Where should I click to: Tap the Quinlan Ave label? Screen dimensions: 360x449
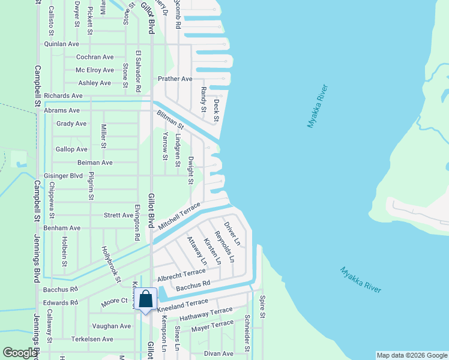coord(62,44)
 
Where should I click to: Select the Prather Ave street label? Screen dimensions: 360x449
coord(175,79)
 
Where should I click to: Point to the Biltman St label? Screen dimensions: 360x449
coord(170,120)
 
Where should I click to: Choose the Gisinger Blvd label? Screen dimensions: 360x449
coord(63,176)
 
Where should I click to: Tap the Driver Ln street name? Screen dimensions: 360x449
coord(232,234)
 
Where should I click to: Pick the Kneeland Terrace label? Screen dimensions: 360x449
coord(182,305)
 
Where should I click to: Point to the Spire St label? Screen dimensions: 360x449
coord(262,307)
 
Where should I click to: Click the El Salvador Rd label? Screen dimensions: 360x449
coord(137,71)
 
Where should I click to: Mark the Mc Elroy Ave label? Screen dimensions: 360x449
coord(95,70)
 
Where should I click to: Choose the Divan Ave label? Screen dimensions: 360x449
coord(218,354)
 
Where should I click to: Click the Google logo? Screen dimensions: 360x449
coord(20,353)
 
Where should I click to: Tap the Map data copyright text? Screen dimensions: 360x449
coord(412,355)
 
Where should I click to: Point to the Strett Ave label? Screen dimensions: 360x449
coord(118,215)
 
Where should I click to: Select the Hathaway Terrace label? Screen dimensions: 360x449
coord(205,313)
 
